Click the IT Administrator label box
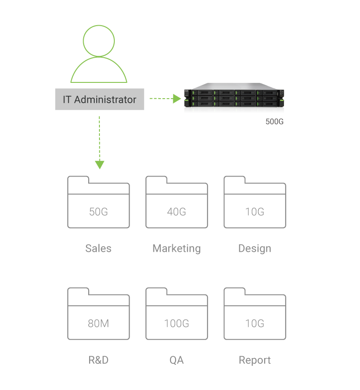(99, 99)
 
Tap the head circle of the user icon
(99, 25)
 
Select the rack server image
(234, 95)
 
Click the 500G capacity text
(274, 122)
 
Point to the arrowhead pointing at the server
(177, 99)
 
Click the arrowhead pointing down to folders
(99, 165)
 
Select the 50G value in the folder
(99, 212)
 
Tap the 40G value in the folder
(176, 212)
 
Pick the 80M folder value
(99, 323)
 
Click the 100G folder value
(176, 323)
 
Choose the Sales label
(99, 248)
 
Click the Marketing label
(176, 249)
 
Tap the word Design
(255, 249)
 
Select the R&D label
(99, 360)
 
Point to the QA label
(176, 360)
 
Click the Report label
(255, 360)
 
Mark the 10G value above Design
(255, 212)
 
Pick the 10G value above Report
(255, 323)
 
